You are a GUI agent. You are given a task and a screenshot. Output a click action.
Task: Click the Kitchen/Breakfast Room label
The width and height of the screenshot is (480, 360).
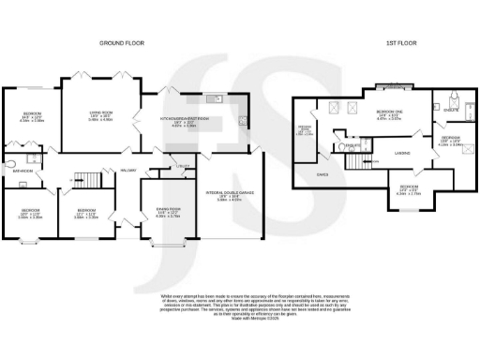click(x=182, y=118)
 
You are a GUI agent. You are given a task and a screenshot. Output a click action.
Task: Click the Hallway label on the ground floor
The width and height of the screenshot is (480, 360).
click(x=127, y=170)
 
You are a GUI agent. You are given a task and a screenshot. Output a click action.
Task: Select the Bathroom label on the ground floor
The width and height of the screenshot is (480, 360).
click(x=22, y=172)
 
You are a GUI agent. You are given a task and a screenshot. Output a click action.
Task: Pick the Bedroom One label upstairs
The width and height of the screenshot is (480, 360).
click(x=387, y=115)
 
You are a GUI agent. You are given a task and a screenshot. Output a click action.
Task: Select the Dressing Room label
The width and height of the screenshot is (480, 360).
click(x=305, y=130)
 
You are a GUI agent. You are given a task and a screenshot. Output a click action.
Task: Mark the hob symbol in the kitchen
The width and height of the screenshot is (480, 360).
click(x=245, y=120)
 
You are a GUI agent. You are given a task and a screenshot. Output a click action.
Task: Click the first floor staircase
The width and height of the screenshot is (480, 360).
click(x=358, y=161)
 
